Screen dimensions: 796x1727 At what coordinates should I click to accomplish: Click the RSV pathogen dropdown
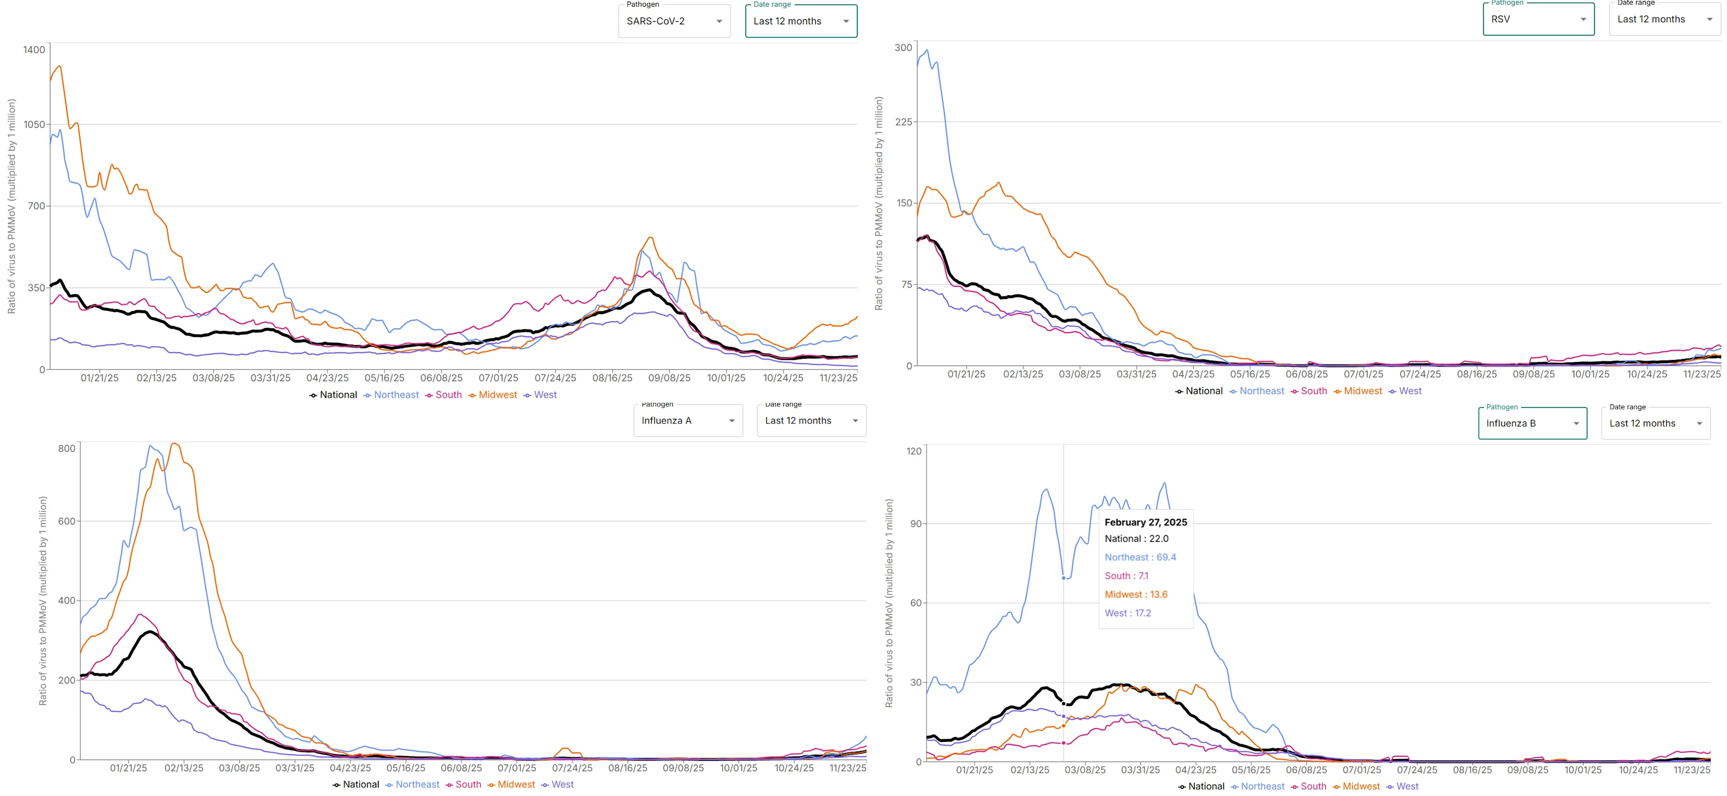click(1538, 19)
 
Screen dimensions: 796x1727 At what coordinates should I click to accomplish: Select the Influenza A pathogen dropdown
click(688, 420)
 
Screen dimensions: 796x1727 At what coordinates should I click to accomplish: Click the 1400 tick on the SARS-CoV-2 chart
click(34, 49)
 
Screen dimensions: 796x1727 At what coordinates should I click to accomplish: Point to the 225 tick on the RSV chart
click(903, 122)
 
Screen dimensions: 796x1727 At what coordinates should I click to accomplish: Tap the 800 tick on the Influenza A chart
click(67, 449)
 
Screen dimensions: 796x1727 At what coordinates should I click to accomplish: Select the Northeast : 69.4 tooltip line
click(1140, 557)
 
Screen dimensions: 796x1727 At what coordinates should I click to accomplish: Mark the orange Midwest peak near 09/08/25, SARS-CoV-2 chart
click(649, 238)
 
